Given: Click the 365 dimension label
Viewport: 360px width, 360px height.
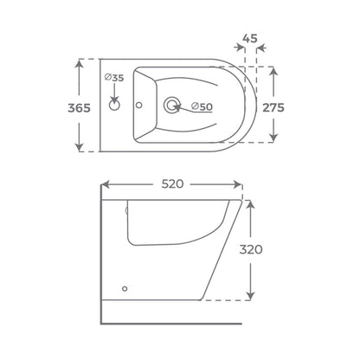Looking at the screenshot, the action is click(x=79, y=108).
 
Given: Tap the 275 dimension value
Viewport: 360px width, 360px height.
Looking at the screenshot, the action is click(x=273, y=107).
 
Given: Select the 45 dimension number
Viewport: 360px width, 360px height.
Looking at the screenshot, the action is click(x=250, y=38).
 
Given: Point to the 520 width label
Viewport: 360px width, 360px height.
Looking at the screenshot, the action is click(x=172, y=183).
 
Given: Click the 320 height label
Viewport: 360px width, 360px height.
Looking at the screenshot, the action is click(x=251, y=249).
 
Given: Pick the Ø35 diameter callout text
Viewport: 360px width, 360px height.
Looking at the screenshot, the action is click(x=114, y=78).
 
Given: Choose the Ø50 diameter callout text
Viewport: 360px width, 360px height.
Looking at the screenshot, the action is click(x=202, y=106).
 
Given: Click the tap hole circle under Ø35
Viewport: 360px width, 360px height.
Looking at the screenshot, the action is click(x=114, y=106).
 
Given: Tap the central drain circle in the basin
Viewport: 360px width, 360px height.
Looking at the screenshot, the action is click(x=172, y=105).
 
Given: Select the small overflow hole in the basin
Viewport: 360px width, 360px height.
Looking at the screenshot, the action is click(x=139, y=106).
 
